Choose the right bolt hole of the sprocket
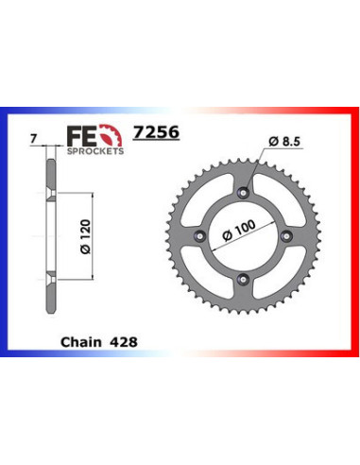point(286,235)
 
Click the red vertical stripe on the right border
point(355,236)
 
